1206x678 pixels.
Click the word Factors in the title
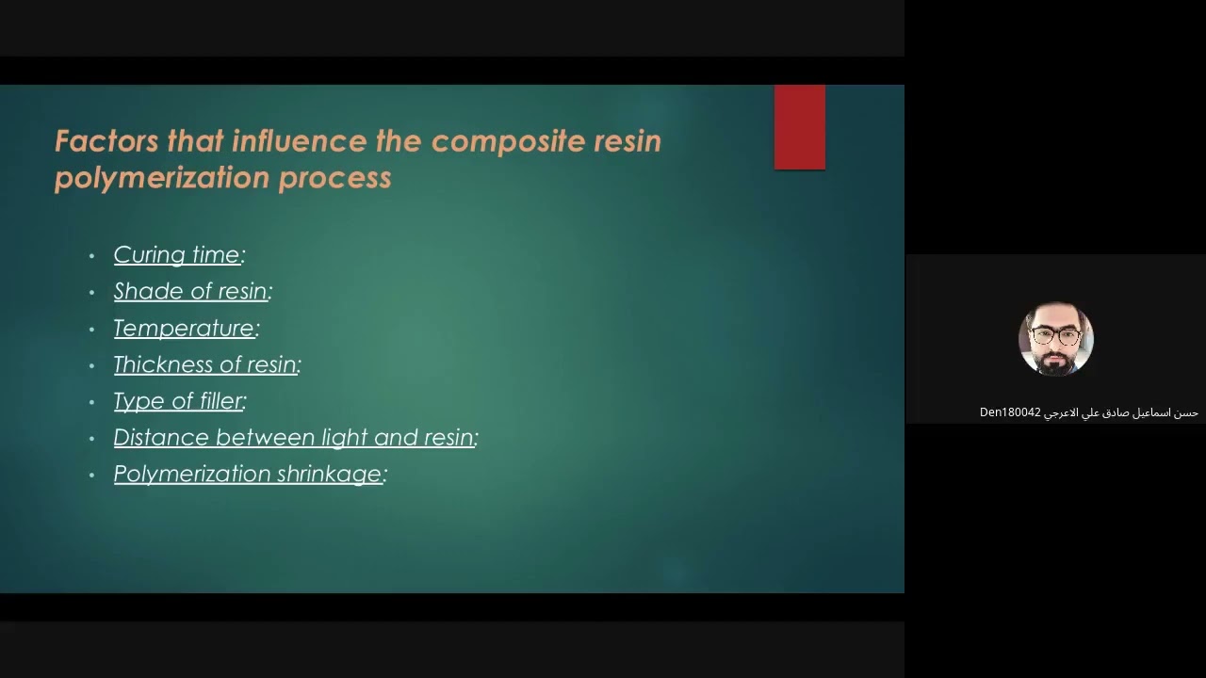tap(106, 141)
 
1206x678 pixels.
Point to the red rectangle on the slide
tap(799, 127)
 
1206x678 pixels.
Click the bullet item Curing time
tap(177, 255)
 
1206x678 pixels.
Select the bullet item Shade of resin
tap(190, 292)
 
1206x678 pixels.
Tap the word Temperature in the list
tap(184, 329)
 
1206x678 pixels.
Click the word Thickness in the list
tap(155, 365)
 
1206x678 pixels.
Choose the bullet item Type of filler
tap(178, 401)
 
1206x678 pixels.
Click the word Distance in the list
tap(161, 438)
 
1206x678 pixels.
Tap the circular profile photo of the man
tap(1055, 339)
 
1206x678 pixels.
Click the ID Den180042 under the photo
tap(1010, 412)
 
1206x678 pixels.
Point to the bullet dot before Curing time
tap(92, 256)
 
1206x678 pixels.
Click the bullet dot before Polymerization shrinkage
tap(92, 476)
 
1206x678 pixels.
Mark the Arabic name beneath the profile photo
tap(1121, 412)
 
